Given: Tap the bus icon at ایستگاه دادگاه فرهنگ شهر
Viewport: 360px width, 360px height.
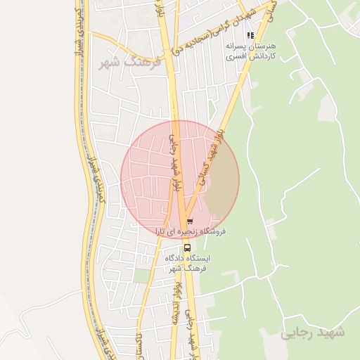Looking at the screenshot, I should point(186,247).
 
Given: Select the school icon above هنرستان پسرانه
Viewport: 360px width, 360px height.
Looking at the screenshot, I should point(250,34).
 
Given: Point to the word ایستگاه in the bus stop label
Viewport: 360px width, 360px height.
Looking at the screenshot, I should point(201,258).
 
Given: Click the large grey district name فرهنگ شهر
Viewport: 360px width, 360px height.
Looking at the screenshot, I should point(130,64).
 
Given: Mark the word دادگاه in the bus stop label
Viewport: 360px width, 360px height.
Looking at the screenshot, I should point(177,258).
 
